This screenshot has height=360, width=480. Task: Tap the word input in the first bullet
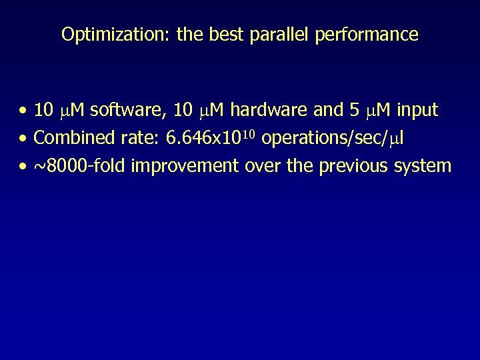tap(417, 111)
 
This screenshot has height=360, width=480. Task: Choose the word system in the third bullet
tap(423, 165)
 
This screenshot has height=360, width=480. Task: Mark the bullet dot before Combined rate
tap(23, 139)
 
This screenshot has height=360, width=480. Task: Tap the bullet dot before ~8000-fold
tap(23, 166)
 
